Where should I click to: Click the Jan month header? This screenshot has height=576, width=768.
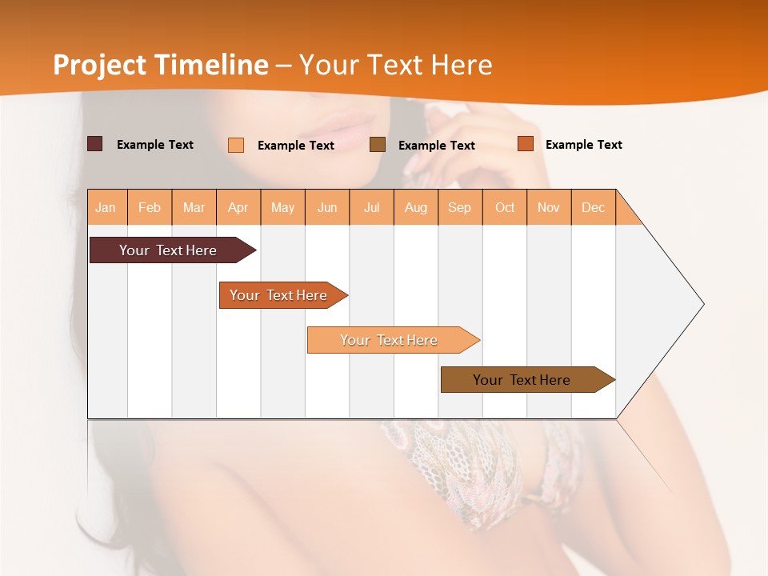click(x=106, y=207)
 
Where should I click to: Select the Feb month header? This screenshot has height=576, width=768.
click(x=150, y=207)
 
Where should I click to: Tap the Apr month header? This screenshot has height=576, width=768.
click(x=238, y=207)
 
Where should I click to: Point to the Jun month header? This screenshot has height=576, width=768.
click(x=327, y=207)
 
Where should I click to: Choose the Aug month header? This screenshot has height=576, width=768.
click(x=416, y=207)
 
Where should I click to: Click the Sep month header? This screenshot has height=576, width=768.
click(x=459, y=207)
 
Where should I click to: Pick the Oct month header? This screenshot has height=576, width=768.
click(x=505, y=207)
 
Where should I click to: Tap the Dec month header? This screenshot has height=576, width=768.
click(x=593, y=207)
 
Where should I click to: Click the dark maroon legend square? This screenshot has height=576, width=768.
click(x=94, y=144)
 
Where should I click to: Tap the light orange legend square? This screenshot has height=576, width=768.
click(x=236, y=145)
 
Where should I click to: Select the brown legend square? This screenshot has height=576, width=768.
click(x=378, y=145)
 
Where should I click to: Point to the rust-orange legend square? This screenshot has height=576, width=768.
click(x=526, y=144)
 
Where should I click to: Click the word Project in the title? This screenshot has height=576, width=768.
click(x=100, y=65)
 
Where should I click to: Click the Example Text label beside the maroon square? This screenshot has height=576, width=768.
click(x=155, y=145)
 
